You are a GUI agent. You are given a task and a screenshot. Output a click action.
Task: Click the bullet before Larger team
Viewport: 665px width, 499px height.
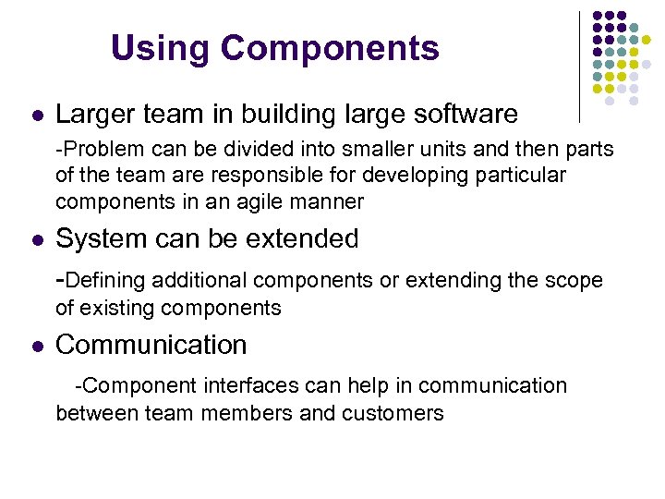[x=36, y=116]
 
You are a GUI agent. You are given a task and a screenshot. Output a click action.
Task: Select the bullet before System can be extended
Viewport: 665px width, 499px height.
[x=36, y=240]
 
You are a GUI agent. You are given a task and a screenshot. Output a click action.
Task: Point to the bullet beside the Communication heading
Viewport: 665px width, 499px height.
[x=36, y=347]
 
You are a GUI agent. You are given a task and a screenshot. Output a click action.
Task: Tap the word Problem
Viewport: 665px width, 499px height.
[x=96, y=150]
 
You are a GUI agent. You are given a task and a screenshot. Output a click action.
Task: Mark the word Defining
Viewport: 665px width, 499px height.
[x=106, y=281]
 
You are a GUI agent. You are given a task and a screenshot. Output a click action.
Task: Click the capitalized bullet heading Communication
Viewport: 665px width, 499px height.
[x=151, y=345]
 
